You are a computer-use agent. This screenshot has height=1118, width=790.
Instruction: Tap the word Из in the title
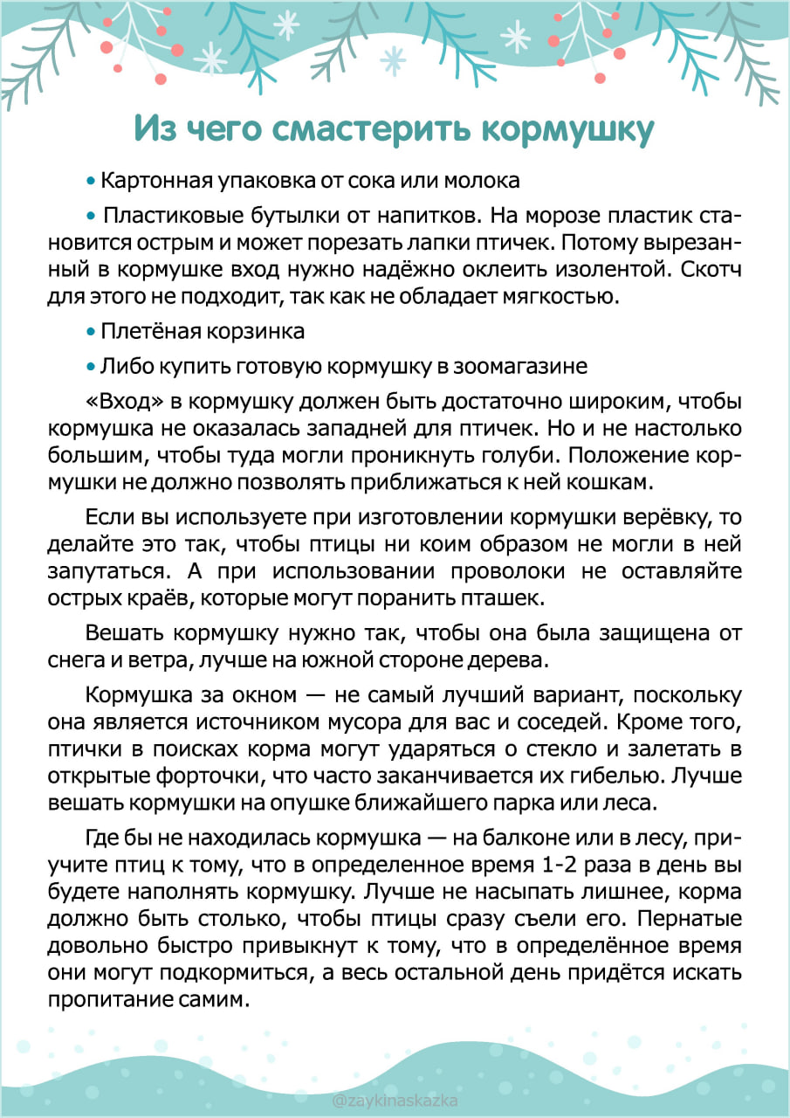[155, 128]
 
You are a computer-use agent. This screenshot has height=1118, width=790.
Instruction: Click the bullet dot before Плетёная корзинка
[91, 333]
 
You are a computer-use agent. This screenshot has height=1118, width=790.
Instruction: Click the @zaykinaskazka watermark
[395, 1102]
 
